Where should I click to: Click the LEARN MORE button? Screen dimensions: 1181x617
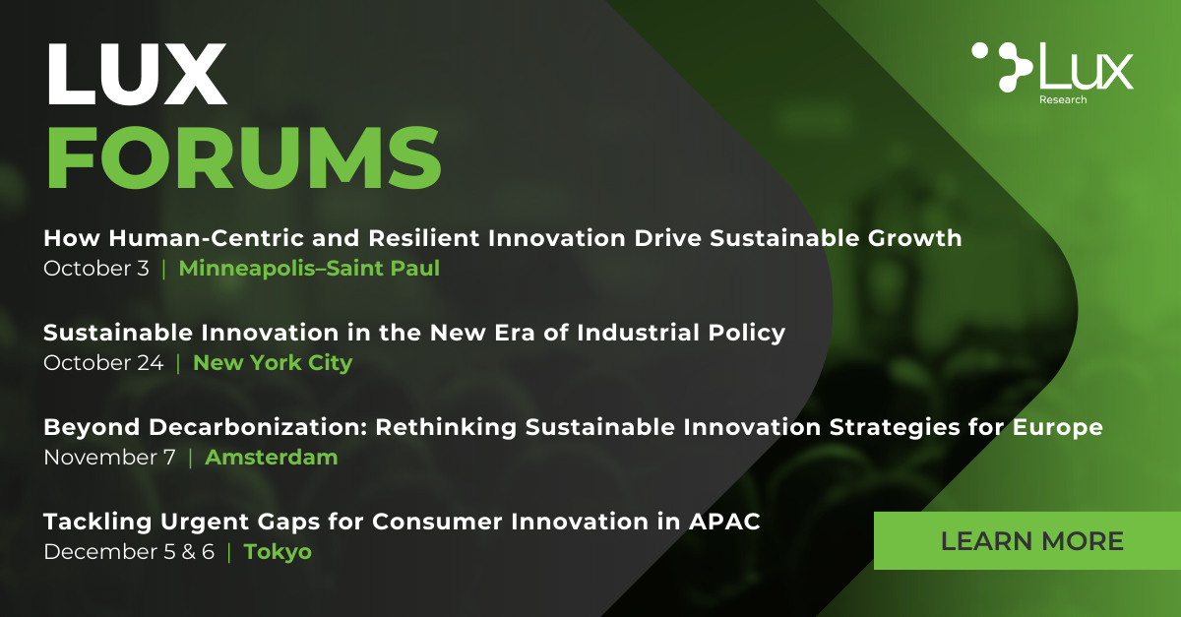point(1027,540)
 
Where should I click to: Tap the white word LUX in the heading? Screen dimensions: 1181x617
point(137,74)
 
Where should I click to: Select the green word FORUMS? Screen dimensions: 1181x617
point(244,157)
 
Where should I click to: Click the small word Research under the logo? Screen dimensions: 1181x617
point(1063,99)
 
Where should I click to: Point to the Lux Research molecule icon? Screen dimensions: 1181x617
point(1002,67)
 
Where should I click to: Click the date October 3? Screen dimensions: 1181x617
point(96,269)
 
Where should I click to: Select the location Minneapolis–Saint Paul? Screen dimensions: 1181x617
point(309,269)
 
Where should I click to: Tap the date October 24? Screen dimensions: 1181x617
point(104,363)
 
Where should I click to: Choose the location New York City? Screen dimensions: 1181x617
point(273,363)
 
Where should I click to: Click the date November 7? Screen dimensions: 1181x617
point(109,458)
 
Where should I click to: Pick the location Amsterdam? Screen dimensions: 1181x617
point(272,458)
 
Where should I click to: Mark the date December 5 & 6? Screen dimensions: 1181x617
point(129,552)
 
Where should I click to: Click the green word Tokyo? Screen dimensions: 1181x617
point(278,552)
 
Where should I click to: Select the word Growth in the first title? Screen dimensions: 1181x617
point(914,238)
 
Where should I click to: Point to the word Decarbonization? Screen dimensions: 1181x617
point(258,427)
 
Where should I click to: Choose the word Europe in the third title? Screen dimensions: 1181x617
point(1058,428)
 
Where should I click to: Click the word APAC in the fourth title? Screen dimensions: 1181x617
point(724,522)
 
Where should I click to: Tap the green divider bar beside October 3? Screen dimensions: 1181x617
point(164,269)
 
